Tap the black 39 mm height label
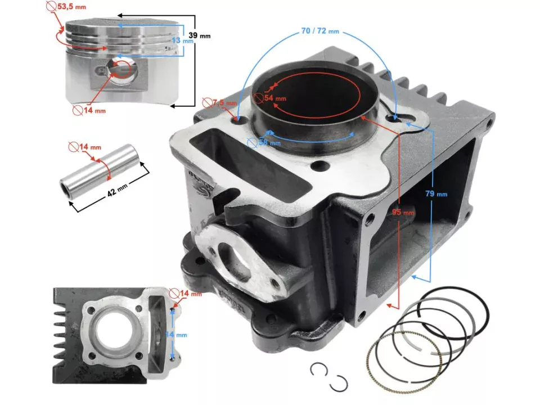click(199, 35)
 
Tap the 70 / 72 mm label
click(320, 31)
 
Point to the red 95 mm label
click(403, 213)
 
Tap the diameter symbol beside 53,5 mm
click(51, 7)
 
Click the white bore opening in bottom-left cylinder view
click(112, 328)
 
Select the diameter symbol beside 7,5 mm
click(206, 103)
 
